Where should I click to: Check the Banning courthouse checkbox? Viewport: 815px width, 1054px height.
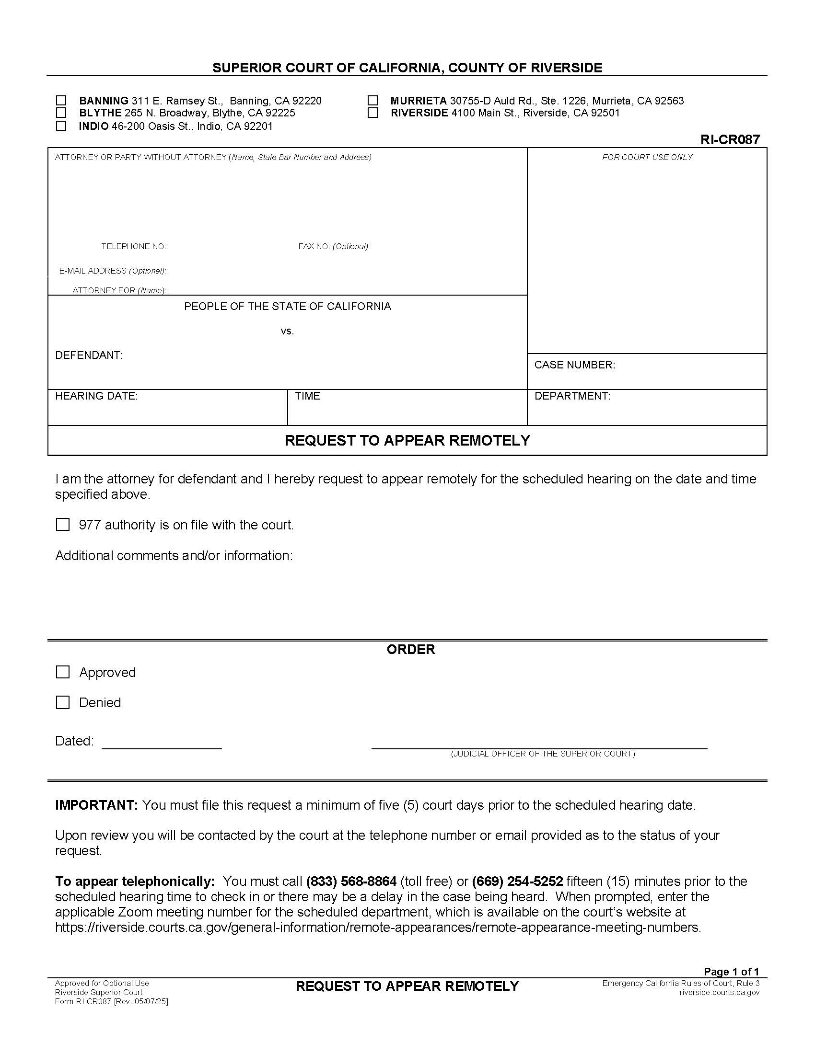coord(61,101)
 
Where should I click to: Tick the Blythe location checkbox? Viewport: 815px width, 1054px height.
coord(61,113)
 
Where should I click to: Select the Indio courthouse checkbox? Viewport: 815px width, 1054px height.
coord(61,126)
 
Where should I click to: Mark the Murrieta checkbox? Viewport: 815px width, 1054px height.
coord(372,101)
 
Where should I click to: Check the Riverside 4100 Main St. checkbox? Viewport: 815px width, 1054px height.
coord(372,113)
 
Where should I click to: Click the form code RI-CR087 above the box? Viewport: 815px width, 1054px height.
coord(730,139)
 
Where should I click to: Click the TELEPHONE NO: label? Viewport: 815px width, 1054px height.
coord(134,246)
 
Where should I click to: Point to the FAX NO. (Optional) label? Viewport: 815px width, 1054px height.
coord(334,246)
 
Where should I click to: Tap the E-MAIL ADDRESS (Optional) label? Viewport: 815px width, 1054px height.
coord(113,271)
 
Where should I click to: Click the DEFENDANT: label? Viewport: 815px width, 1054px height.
coord(89,355)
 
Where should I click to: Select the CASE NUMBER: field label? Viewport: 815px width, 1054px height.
coord(574,365)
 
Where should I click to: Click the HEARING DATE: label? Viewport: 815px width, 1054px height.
coord(96,396)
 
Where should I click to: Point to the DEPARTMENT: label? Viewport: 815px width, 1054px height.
coord(572,396)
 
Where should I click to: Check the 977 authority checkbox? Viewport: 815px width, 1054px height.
coord(63,525)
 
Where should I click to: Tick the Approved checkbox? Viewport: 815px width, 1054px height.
coord(63,672)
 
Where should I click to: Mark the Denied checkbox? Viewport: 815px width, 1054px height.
coord(63,703)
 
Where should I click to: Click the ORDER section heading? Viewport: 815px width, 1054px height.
coord(411,650)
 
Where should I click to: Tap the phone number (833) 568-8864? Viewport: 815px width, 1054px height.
coord(351,882)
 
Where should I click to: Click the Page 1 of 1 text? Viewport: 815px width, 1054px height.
coord(731,972)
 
